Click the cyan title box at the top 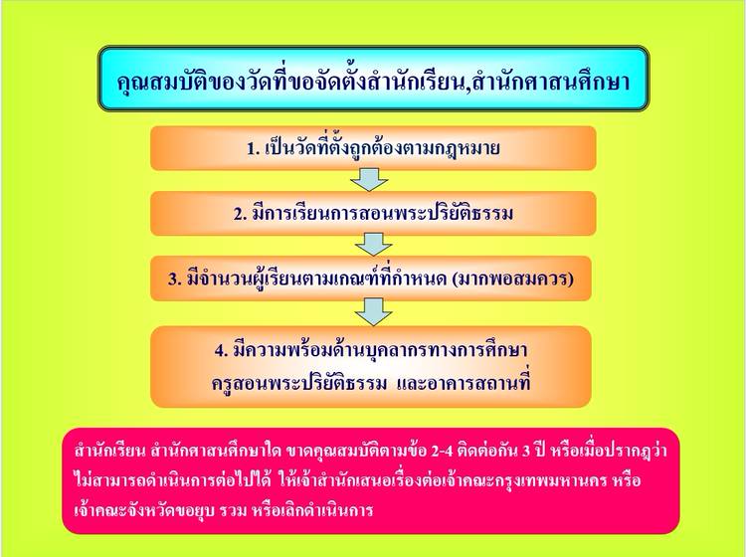pos(373,79)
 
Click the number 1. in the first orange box pos(253,149)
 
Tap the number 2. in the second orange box pos(240,214)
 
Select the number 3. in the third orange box pos(175,279)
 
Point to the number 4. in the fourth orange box pos(221,351)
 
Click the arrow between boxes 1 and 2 pos(370,180)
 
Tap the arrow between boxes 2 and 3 pos(373,245)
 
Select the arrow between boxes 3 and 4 pos(373,312)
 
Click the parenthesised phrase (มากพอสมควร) pos(512,278)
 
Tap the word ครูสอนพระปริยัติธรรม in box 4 pos(299,383)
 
